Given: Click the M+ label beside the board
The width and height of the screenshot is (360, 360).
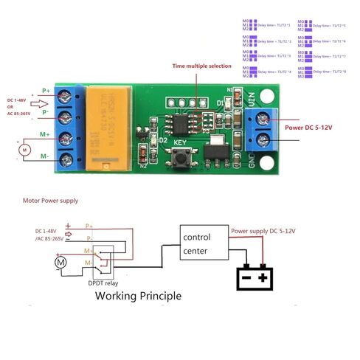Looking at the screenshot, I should pos(45,134).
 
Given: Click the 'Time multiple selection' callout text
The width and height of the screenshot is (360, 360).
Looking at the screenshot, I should pos(201,66).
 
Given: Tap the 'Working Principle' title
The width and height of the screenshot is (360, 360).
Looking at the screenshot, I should pos(137,296).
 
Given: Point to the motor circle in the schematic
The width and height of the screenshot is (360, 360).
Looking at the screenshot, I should pos(61,262).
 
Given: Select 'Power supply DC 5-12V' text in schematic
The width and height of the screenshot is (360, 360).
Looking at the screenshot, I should pos(263,231).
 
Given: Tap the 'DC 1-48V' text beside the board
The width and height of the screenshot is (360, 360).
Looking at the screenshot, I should pos(20,100).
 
